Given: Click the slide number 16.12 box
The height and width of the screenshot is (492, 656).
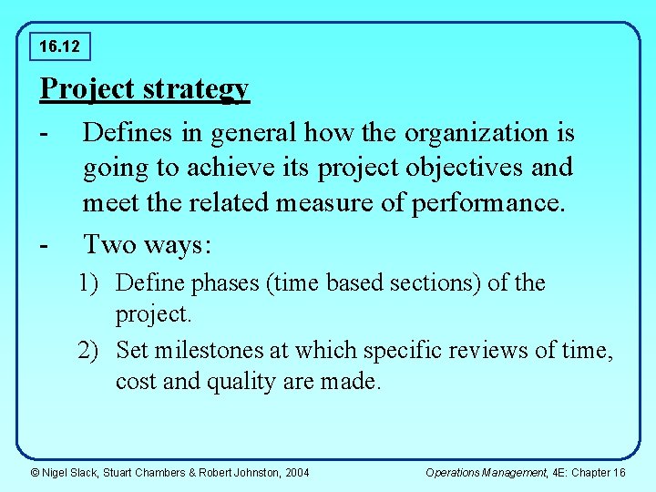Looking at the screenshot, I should click(59, 44).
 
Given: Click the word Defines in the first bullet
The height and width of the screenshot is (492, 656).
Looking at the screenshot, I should click(129, 133).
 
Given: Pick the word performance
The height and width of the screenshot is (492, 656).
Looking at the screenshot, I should click(488, 202).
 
